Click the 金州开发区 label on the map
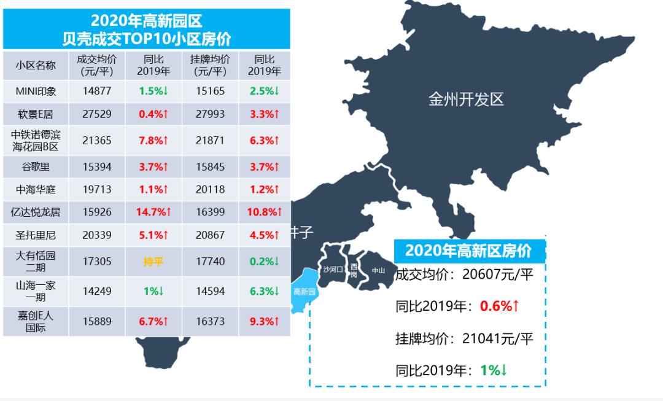pyautogui.click(x=466, y=99)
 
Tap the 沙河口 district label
pyautogui.click(x=333, y=269)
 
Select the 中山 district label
pyautogui.click(x=378, y=270)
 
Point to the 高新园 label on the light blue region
pyautogui.click(x=304, y=292)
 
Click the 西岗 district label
pyautogui.click(x=354, y=270)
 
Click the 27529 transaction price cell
pyautogui.click(x=97, y=114)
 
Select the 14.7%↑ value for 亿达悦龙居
pyautogui.click(x=153, y=212)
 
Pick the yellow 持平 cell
pyautogui.click(x=153, y=262)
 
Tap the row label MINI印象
pyautogui.click(x=36, y=91)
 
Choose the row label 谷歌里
pyautogui.click(x=36, y=167)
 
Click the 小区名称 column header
pyautogui.click(x=36, y=65)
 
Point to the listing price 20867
pyautogui.click(x=210, y=235)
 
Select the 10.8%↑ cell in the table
pyautogui.click(x=265, y=212)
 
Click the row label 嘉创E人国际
pyautogui.click(x=36, y=321)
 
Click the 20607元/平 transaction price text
pyautogui.click(x=498, y=274)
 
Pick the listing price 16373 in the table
pyautogui.click(x=210, y=321)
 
